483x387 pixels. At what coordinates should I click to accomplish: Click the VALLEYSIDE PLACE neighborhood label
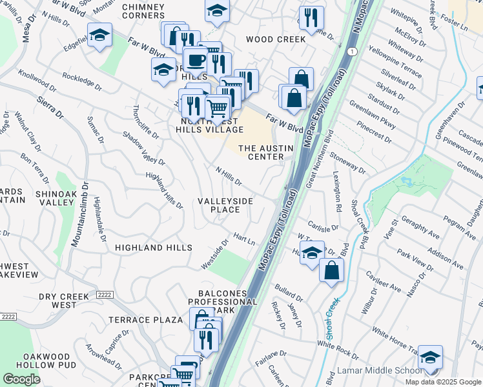(225, 205)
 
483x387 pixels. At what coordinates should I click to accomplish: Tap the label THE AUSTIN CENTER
(266, 152)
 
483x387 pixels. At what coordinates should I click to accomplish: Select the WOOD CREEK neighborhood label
(276, 39)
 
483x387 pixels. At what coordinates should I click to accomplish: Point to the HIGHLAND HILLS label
(153, 248)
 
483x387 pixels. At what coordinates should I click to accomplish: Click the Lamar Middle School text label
(382, 372)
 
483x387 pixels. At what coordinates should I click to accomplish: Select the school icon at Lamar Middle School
(430, 357)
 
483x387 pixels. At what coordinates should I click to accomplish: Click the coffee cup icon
(196, 61)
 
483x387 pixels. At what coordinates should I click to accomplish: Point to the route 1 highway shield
(350, 51)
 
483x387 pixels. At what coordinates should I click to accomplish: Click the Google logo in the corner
(21, 379)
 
